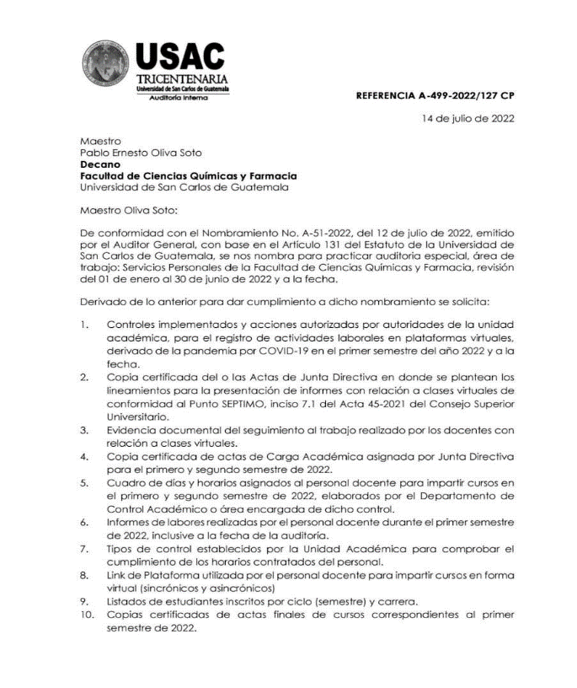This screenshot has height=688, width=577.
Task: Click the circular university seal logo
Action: (107, 67)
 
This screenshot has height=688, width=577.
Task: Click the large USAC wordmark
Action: (180, 58)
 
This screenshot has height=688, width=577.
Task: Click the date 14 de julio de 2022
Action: (468, 119)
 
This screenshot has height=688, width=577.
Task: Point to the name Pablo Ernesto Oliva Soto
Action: (141, 153)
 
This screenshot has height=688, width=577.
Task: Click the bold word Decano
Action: (99, 164)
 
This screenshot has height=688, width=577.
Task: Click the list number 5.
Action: (84, 483)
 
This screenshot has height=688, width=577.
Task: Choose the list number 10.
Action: (87, 615)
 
